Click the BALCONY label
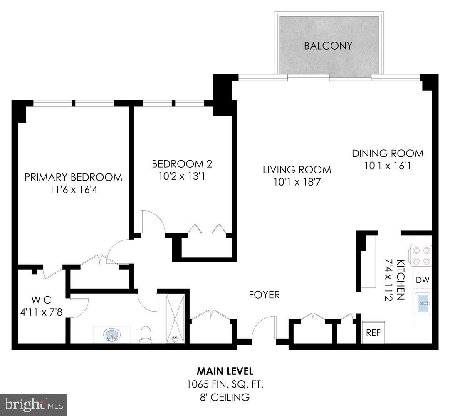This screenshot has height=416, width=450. point(328,45)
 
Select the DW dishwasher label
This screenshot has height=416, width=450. point(423,280)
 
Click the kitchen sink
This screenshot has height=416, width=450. point(423,303)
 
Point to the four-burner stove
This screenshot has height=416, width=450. point(421,255)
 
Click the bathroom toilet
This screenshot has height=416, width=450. point(146,334)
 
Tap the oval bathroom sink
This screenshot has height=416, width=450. point(111,334)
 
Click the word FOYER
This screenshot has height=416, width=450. point(264,295)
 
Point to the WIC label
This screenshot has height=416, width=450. point(40,300)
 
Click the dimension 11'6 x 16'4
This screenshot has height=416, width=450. point(73,190)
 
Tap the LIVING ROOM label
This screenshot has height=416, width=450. point(297,169)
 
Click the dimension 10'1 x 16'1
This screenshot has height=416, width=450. point(388,166)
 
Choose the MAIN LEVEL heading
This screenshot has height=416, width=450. point(225,371)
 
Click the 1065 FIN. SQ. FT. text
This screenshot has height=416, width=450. point(225,384)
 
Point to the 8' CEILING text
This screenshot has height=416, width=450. point(225,397)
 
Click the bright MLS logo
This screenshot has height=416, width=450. point(33,404)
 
